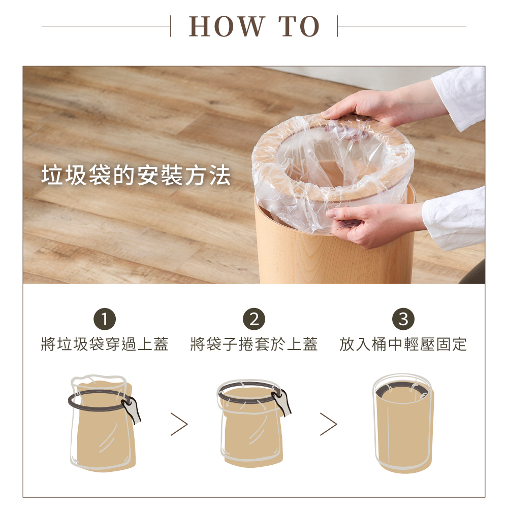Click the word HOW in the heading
coord(227,26)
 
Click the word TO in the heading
coord(299,26)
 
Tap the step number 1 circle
coord(105,319)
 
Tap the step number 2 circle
coord(254,319)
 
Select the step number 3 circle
coord(403,319)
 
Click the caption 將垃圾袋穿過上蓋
coord(105,344)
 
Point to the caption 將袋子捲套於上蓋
coord(254,344)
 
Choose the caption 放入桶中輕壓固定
coord(403,344)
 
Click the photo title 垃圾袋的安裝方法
coord(136,175)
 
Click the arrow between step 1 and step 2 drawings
coord(179,425)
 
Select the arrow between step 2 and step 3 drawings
coord(329,425)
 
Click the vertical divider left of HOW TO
coord(170,26)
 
